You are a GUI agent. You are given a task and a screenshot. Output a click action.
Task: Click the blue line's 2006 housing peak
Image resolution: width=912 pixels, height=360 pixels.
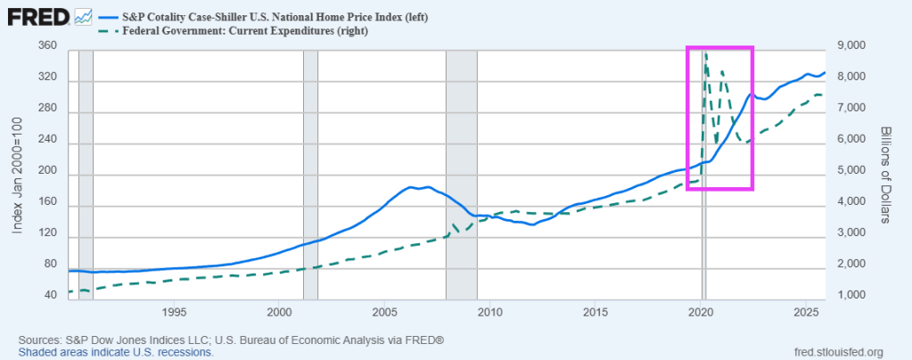click(410, 187)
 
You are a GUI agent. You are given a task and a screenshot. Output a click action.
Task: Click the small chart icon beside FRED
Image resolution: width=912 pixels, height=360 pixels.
click(85, 17)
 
